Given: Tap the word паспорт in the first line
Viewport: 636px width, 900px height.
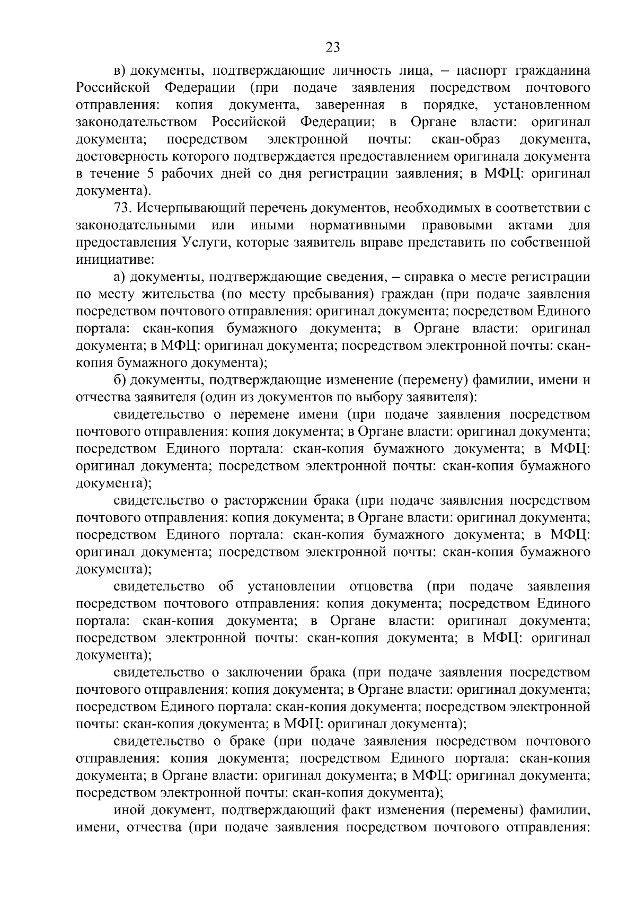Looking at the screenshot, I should pos(480,71).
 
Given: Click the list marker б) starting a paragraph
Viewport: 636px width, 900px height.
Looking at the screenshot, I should pos(120,381).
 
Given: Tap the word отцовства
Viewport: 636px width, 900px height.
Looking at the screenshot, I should pos(381,586).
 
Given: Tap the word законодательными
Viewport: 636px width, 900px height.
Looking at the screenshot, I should pos(135,226).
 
